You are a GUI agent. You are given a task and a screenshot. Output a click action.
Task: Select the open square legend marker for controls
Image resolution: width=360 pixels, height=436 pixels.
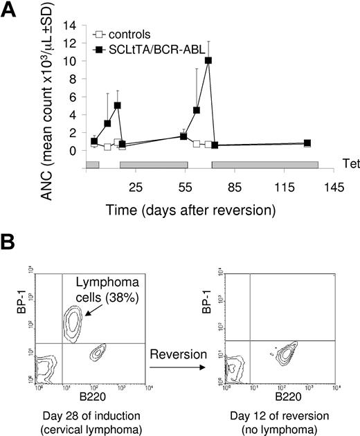click(99, 33)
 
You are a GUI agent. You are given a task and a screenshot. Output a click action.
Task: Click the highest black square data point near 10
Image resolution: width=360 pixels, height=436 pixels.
click(208, 60)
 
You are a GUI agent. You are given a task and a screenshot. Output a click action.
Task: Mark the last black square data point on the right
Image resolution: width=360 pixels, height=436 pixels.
click(307, 143)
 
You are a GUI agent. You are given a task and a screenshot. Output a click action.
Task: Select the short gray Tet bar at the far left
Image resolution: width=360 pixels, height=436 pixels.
click(92, 164)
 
